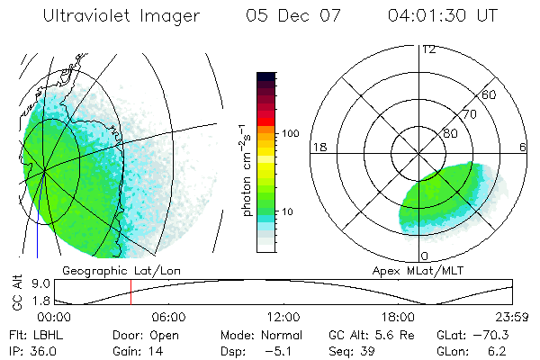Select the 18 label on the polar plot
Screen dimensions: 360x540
pos(319,148)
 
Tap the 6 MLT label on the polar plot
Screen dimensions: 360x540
pos(524,148)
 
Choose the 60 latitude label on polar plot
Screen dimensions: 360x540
pos(490,95)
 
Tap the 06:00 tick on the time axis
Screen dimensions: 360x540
pos(168,317)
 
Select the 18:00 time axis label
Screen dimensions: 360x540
pos(398,317)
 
